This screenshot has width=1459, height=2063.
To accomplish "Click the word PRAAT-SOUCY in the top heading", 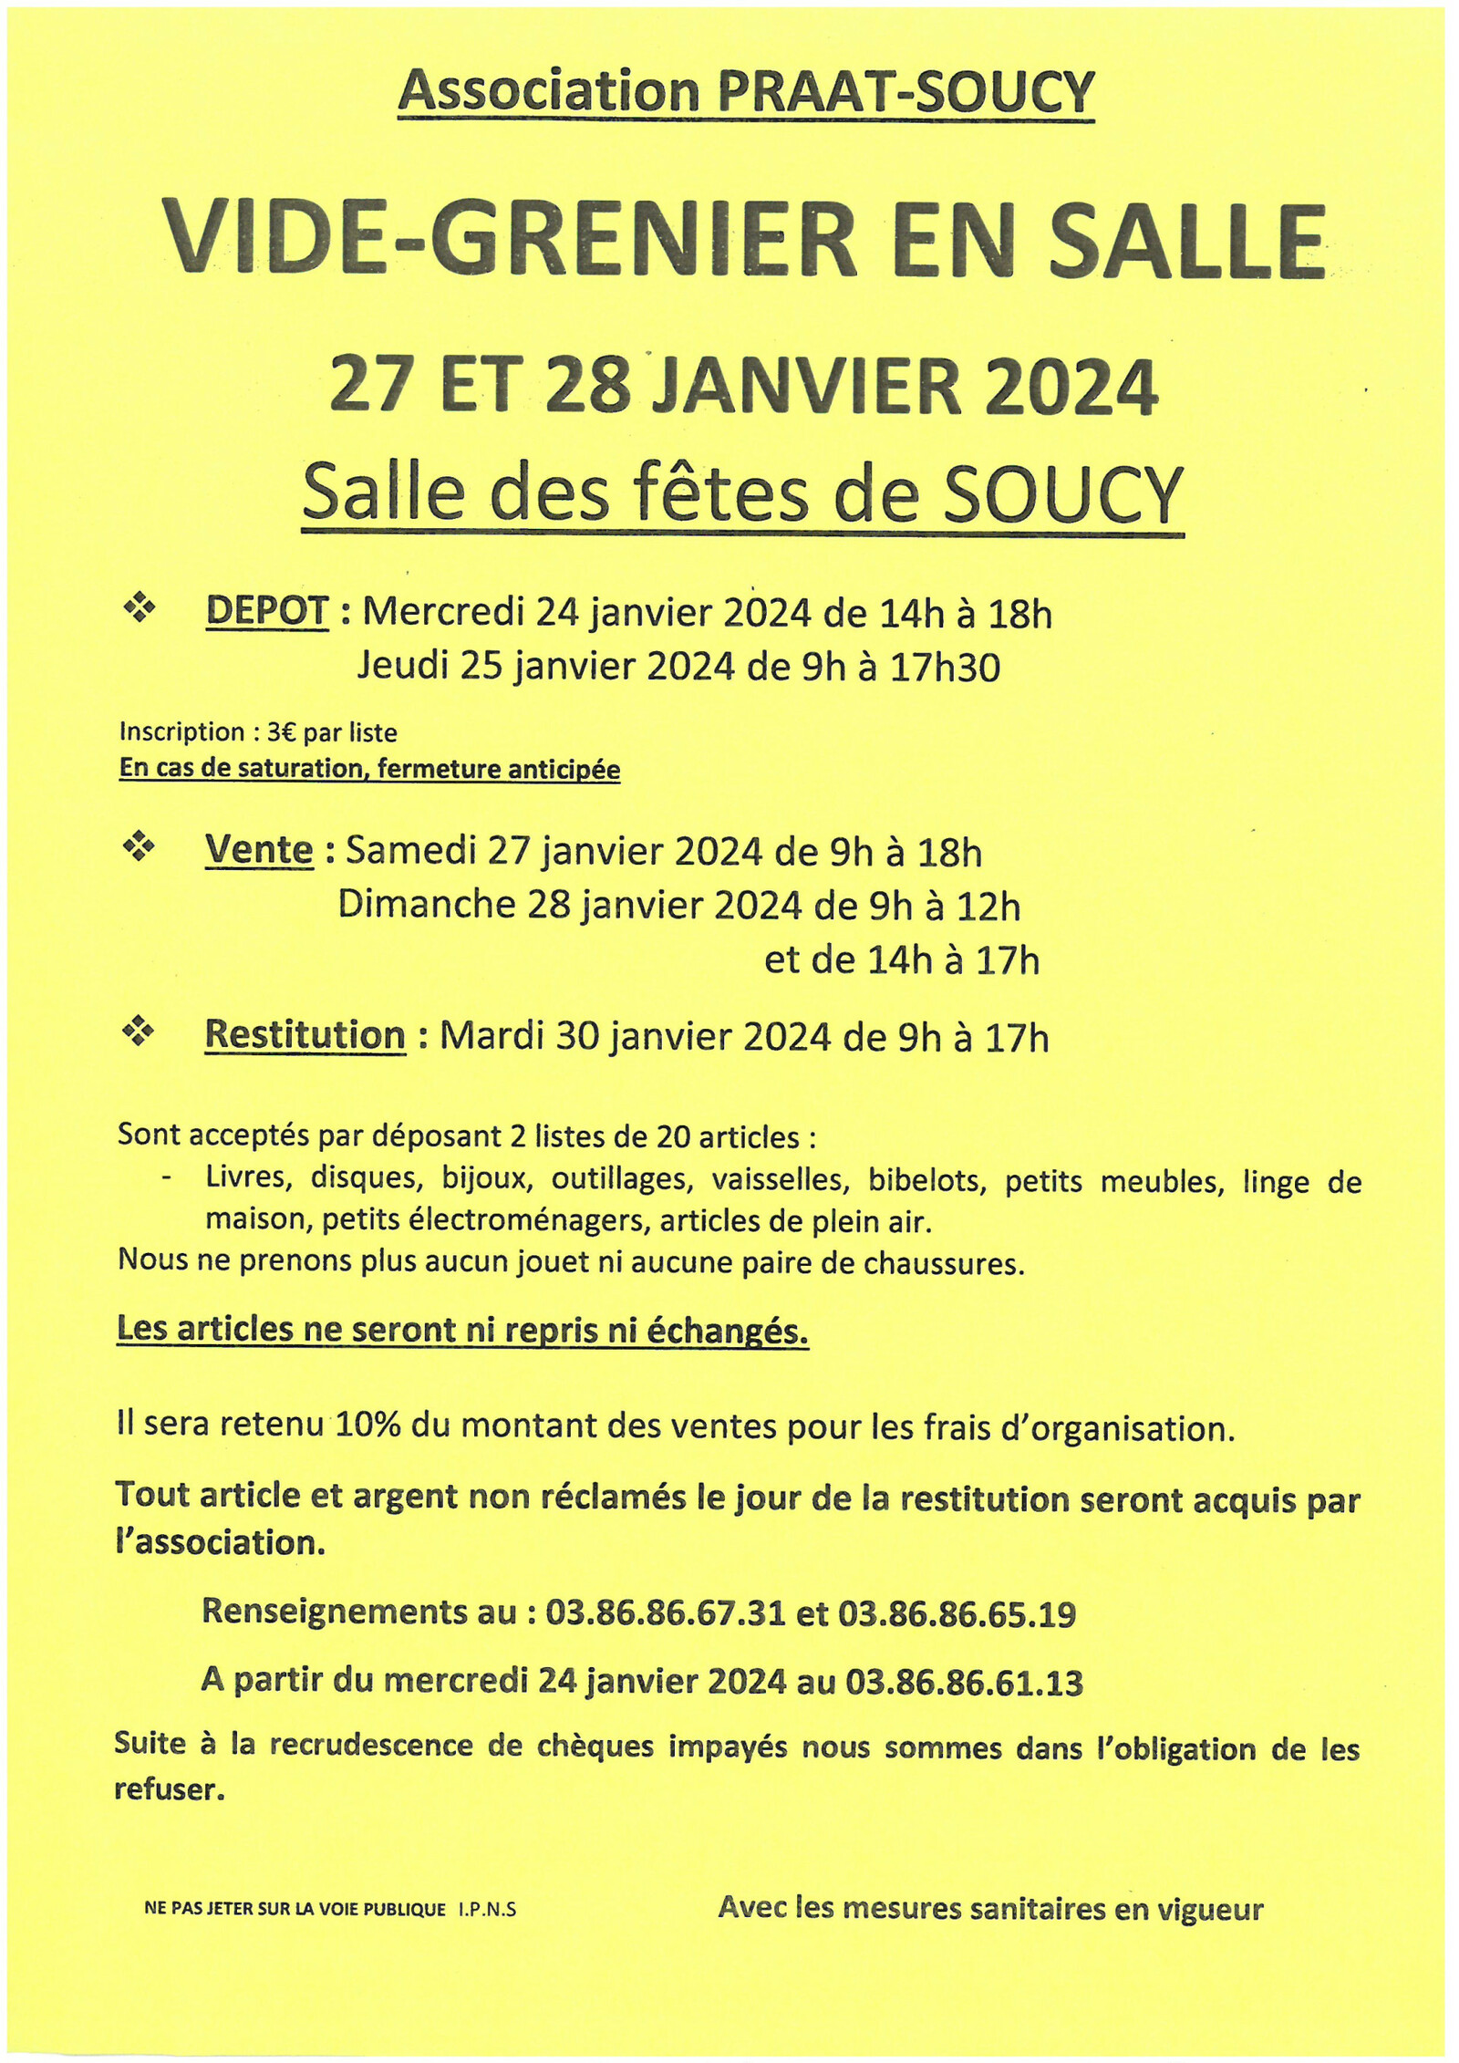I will coord(905,92).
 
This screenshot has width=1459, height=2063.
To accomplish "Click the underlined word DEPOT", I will coord(266,612).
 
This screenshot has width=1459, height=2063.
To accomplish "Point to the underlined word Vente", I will coord(259,851).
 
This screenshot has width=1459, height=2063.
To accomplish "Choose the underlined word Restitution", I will coord(305,1036).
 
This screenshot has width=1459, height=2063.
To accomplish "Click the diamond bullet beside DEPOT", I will coord(139,608).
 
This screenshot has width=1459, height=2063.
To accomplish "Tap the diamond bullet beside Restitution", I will coord(139,1032).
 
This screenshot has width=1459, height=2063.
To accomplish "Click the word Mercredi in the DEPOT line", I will coord(442,613).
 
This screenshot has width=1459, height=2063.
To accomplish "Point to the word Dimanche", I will coord(427,906).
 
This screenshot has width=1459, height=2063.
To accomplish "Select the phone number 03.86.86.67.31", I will coord(665,1612).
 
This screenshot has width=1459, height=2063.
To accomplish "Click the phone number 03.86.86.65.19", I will coord(957,1612).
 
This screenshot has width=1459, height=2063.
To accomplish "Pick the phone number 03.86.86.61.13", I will coord(964,1681).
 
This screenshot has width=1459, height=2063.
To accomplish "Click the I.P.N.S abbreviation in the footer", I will coord(487,1909).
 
